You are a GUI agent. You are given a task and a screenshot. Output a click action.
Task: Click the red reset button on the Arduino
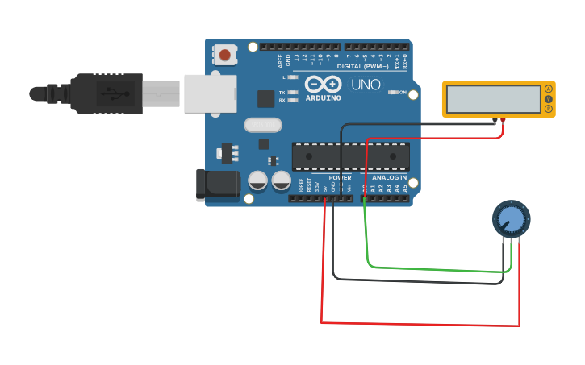tap(224, 56)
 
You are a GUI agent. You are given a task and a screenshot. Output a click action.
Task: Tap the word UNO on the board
tap(366, 85)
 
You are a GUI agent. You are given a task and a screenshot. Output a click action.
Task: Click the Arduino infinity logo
tap(323, 84)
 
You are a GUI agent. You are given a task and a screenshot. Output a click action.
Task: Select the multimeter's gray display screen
tap(493, 99)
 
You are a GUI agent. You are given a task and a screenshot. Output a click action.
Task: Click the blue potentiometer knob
tap(511, 218)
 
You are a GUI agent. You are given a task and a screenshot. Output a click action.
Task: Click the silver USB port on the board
tap(210, 93)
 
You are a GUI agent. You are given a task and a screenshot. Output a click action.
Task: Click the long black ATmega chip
tap(350, 156)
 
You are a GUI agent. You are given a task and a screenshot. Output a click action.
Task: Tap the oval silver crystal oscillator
tap(263, 125)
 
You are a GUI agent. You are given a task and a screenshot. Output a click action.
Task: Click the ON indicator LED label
tap(402, 93)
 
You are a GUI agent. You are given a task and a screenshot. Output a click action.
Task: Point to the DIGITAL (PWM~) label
tap(362, 66)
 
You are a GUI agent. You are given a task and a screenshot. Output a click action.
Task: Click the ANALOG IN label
tap(389, 177)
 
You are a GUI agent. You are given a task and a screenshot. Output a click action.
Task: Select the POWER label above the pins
tap(340, 177)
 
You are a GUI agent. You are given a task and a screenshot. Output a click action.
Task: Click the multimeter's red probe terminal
tap(504, 120)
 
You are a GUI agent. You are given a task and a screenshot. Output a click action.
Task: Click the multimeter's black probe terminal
tap(495, 120)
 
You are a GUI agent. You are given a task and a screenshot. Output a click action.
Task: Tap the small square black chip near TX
tap(265, 98)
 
